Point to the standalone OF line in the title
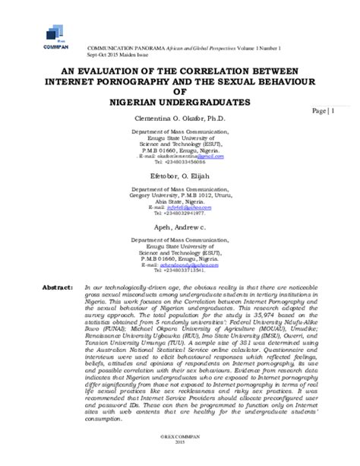click(x=181, y=90)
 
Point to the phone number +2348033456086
click(x=179, y=162)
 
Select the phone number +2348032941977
click(x=179, y=214)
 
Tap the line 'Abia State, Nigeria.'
click(x=179, y=201)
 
